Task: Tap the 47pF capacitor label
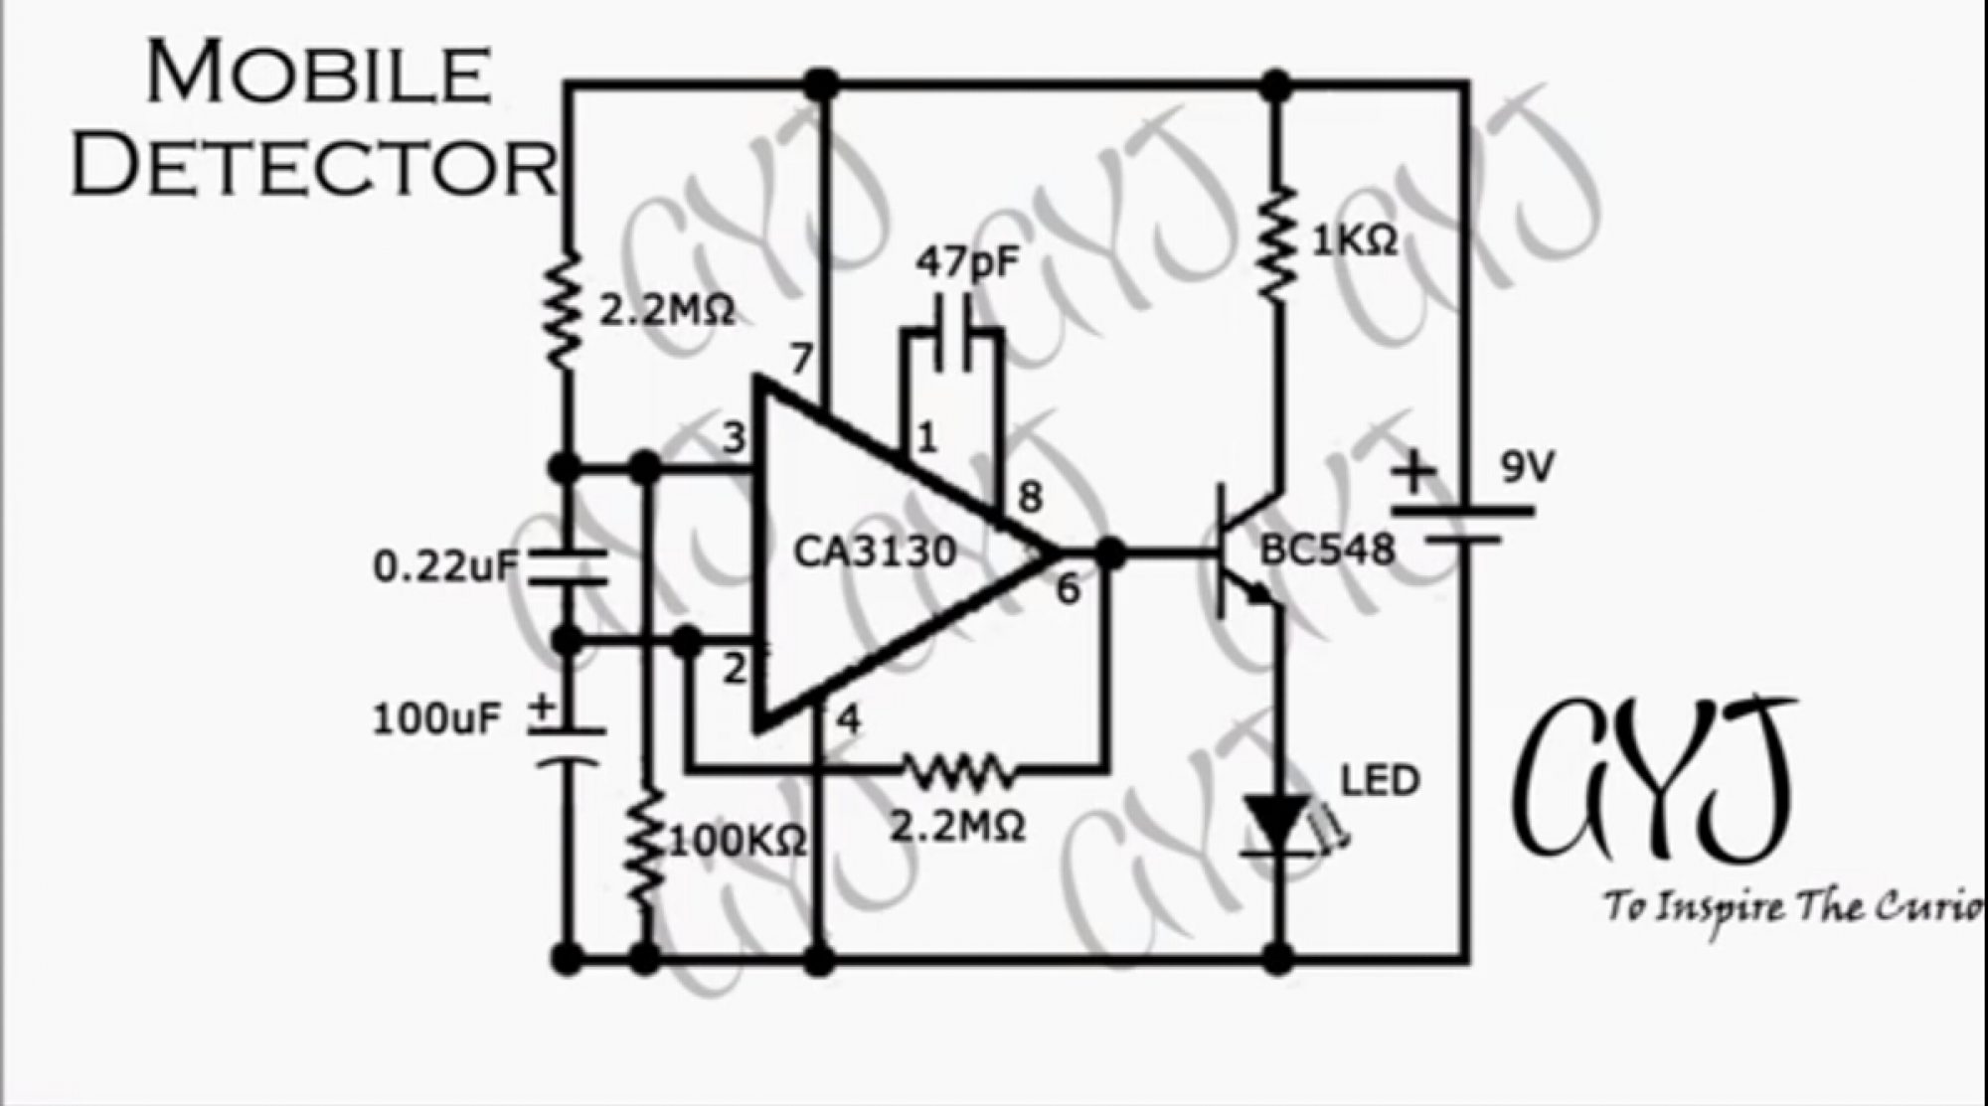pyautogui.click(x=969, y=263)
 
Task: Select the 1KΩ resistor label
pyautogui.click(x=1354, y=239)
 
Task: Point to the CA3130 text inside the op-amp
pyautogui.click(x=875, y=552)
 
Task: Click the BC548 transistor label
pyautogui.click(x=1327, y=549)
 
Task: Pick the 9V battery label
pyautogui.click(x=1527, y=467)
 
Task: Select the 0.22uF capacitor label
pyautogui.click(x=444, y=566)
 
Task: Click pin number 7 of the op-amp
pyautogui.click(x=801, y=359)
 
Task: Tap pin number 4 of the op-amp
pyautogui.click(x=848, y=719)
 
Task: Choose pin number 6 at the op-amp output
pyautogui.click(x=1067, y=589)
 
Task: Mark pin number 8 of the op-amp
pyautogui.click(x=1031, y=497)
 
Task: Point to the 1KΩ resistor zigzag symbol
pyautogui.click(x=1277, y=241)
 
